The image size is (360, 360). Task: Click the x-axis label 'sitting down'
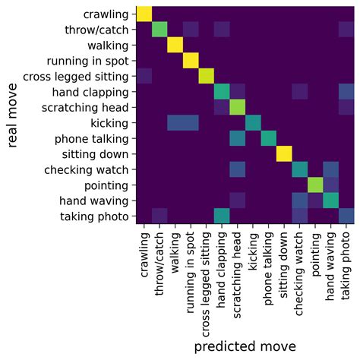coord(285,262)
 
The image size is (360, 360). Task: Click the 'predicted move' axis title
coord(245,346)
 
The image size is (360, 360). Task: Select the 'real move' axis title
coord(14,116)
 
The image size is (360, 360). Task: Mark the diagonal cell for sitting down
coord(285,155)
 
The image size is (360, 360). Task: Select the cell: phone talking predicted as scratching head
coord(238,139)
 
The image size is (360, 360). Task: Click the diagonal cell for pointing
coord(316,186)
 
